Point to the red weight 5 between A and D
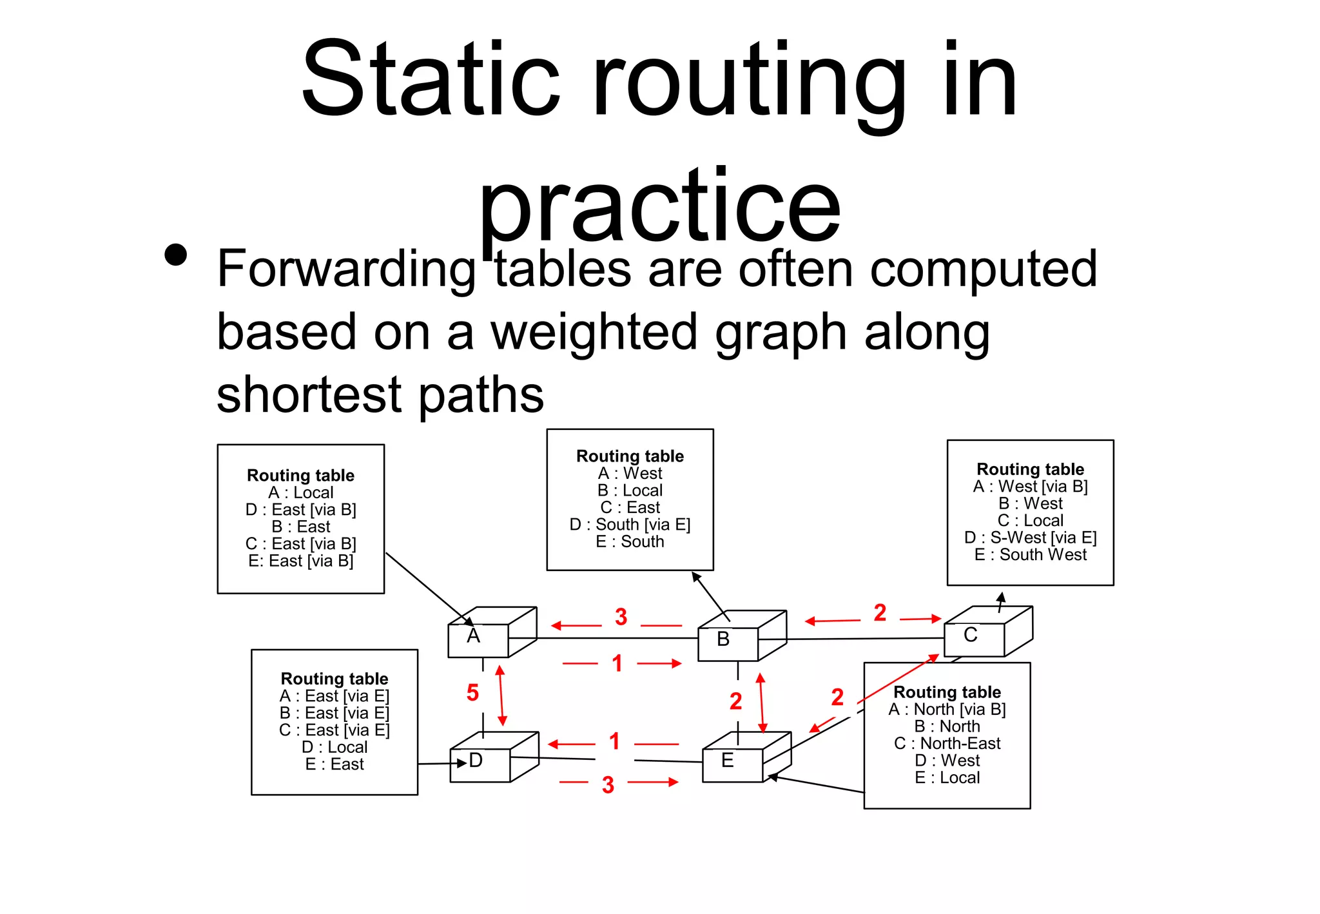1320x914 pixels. point(472,693)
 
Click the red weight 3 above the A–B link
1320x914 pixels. point(621,617)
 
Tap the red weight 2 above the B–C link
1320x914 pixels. point(880,612)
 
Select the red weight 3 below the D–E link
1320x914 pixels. point(608,784)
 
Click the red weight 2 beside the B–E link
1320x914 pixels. point(735,701)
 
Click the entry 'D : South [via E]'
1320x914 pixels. point(630,525)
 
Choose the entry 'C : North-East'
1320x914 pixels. point(947,743)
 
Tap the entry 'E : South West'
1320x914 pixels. point(1030,554)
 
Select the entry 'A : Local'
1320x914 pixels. point(300,492)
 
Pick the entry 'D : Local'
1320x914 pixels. point(334,747)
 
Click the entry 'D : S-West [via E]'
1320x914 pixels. point(1030,538)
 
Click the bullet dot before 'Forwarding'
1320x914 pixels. point(175,255)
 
